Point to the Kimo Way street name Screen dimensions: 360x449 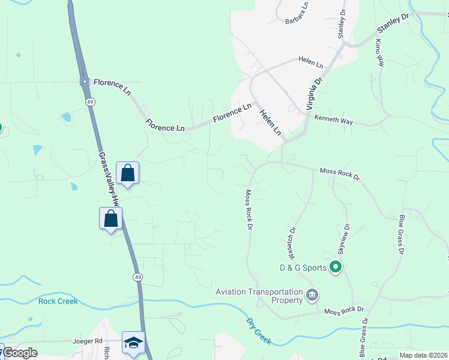(x=379, y=53)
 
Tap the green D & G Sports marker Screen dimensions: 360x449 (x=336, y=268)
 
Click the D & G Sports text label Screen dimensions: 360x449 (x=303, y=268)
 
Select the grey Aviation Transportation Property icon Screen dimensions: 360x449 (x=312, y=295)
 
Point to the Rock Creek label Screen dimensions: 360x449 (x=58, y=301)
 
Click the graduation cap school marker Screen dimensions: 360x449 (x=133, y=343)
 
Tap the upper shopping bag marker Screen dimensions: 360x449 (x=127, y=173)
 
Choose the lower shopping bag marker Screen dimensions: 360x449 (x=111, y=218)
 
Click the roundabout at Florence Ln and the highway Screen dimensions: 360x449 (x=84, y=82)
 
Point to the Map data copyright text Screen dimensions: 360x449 (x=423, y=355)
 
